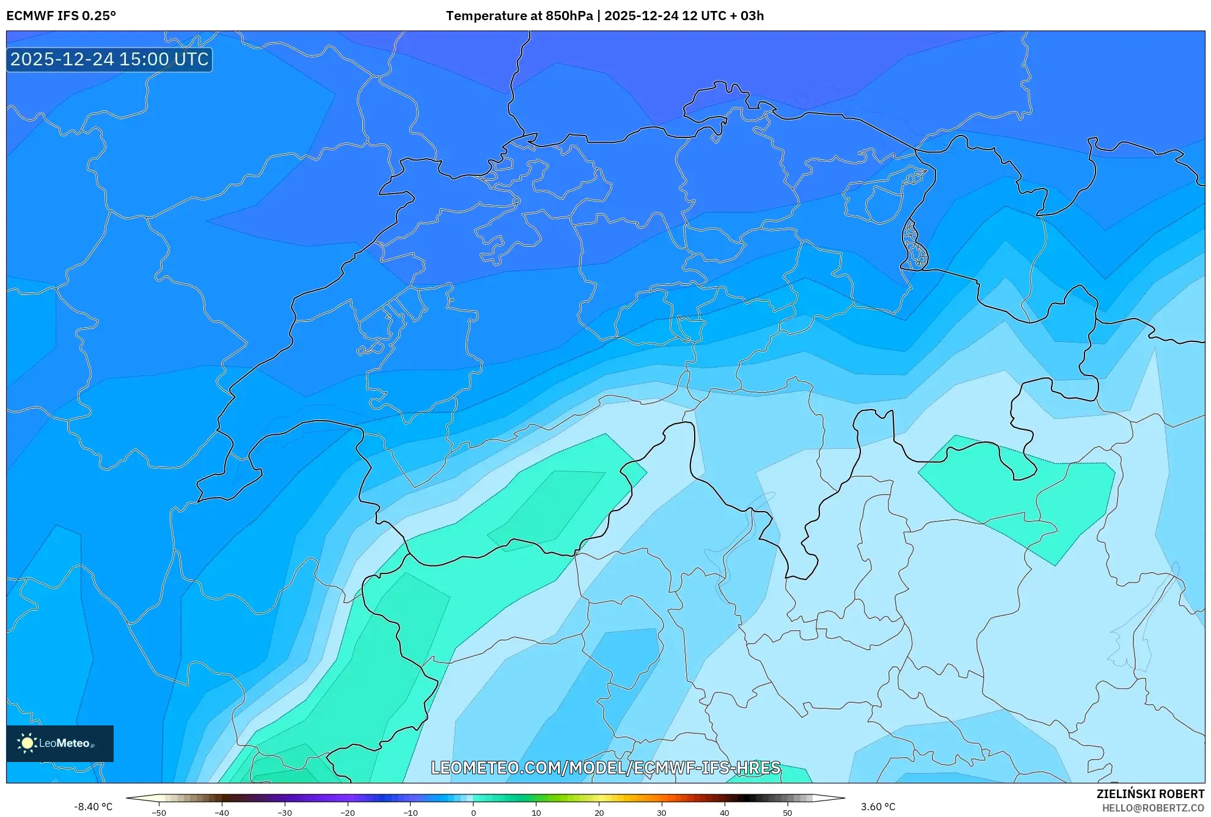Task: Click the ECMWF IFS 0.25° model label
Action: pyautogui.click(x=61, y=16)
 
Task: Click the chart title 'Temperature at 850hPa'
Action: pyautogui.click(x=519, y=16)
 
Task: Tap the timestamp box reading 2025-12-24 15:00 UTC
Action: pyautogui.click(x=109, y=59)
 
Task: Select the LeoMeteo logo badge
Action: pyautogui.click(x=60, y=743)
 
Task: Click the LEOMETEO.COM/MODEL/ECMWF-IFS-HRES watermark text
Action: pyautogui.click(x=605, y=768)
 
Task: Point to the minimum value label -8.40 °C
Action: pyautogui.click(x=93, y=807)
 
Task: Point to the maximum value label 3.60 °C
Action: pyautogui.click(x=878, y=807)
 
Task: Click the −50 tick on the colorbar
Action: pyautogui.click(x=159, y=813)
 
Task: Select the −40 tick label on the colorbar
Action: pyautogui.click(x=222, y=813)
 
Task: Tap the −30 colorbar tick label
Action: pyautogui.click(x=285, y=813)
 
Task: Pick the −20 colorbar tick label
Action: pyautogui.click(x=348, y=813)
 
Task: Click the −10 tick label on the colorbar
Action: pyautogui.click(x=411, y=813)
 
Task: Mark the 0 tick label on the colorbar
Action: pyautogui.click(x=474, y=813)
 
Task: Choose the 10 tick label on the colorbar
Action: pyautogui.click(x=536, y=813)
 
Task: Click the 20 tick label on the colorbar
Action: pyautogui.click(x=599, y=813)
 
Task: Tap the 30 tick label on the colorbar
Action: pyautogui.click(x=662, y=813)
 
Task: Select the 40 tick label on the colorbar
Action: pyautogui.click(x=725, y=813)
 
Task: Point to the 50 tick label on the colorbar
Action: pyautogui.click(x=788, y=813)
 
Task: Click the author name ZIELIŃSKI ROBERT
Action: pyautogui.click(x=1151, y=794)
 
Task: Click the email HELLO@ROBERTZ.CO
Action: pyautogui.click(x=1153, y=808)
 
